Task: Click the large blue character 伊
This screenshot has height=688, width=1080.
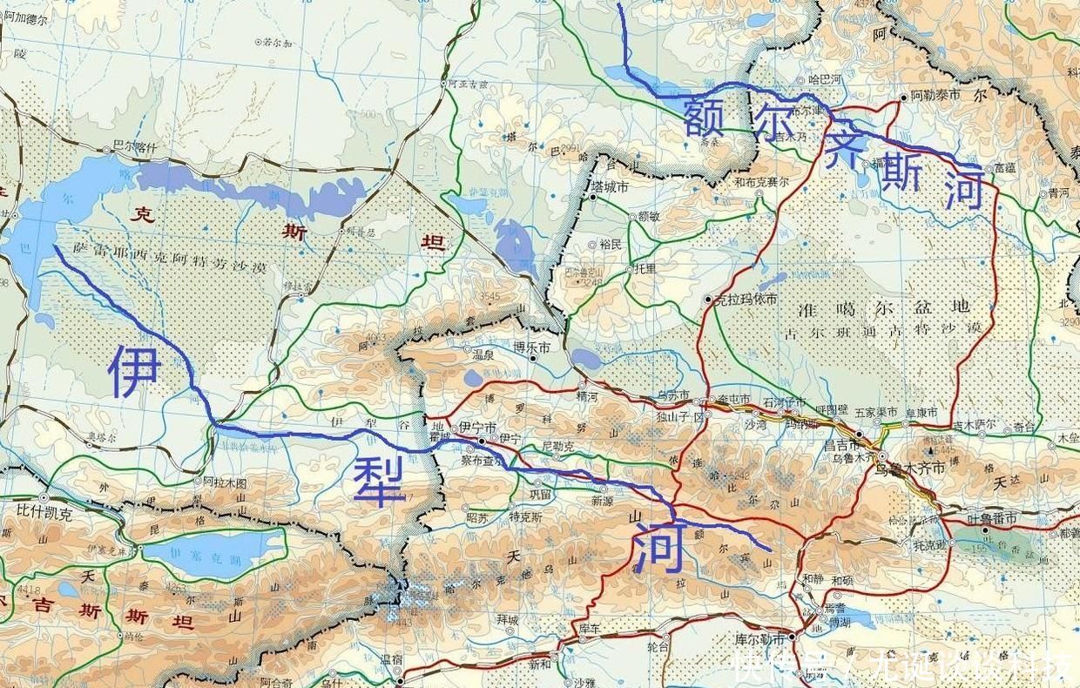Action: tap(134, 371)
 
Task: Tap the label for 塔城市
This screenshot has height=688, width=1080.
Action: tap(611, 186)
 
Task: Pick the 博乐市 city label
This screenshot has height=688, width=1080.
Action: tap(532, 347)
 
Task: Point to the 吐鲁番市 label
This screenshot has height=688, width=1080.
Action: tap(992, 519)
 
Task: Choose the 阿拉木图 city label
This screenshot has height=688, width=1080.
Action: tap(225, 482)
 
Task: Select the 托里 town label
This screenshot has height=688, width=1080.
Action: tap(646, 270)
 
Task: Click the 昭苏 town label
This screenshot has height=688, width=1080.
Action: tap(478, 517)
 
